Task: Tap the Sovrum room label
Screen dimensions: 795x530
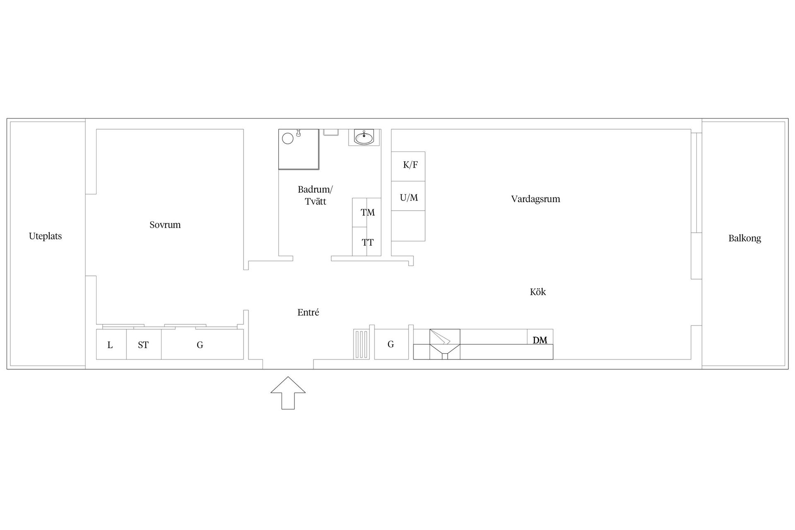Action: click(x=165, y=225)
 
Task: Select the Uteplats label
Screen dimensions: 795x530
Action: click(x=45, y=236)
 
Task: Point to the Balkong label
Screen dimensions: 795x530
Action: click(x=744, y=238)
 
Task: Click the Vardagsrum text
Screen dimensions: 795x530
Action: click(x=535, y=199)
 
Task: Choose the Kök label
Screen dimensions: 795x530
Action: click(x=538, y=292)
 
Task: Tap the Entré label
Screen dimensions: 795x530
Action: click(x=308, y=313)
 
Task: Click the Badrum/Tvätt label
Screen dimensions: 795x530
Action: click(x=315, y=195)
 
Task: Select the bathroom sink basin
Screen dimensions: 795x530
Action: click(x=364, y=137)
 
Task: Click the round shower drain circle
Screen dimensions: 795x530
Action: click(x=287, y=138)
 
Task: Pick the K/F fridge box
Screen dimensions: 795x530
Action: click(x=408, y=166)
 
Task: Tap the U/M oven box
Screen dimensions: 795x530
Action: click(x=408, y=196)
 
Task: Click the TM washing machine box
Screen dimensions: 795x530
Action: click(x=367, y=212)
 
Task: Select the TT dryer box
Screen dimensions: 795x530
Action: click(x=367, y=241)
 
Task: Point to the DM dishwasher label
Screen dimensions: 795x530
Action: click(x=540, y=340)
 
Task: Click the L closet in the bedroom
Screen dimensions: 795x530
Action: click(x=111, y=344)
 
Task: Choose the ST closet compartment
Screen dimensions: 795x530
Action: click(x=144, y=344)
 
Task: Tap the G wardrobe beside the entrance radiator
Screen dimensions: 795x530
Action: click(x=391, y=344)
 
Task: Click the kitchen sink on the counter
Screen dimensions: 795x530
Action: click(x=445, y=344)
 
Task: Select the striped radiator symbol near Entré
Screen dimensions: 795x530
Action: click(x=361, y=344)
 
